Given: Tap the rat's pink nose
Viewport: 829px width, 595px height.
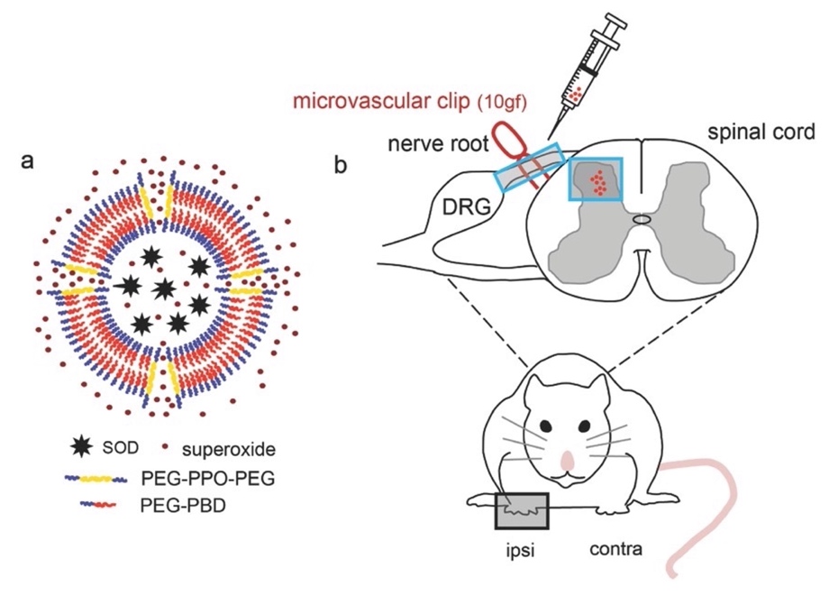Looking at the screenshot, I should (569, 462).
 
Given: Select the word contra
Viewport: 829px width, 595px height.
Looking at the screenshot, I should (615, 547).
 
